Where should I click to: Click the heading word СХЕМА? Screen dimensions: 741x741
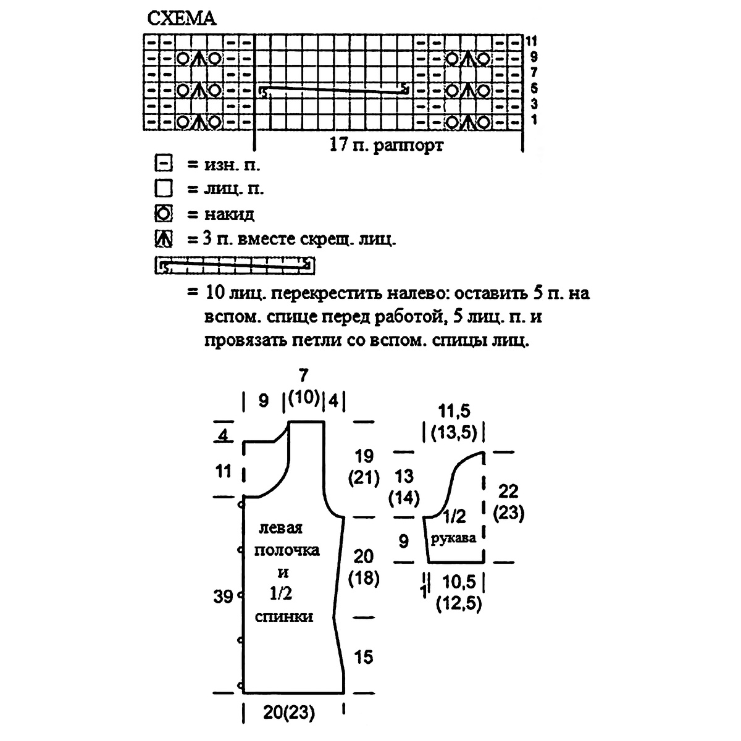pyautogui.click(x=182, y=19)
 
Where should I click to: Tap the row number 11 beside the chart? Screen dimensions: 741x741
pyautogui.click(x=532, y=41)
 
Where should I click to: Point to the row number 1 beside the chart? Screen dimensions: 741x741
pyautogui.click(x=534, y=119)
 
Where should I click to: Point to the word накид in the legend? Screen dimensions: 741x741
pyautogui.click(x=229, y=214)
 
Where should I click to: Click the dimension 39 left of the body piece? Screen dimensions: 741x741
pyautogui.click(x=224, y=597)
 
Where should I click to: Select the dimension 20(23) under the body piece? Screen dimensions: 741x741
pyautogui.click(x=289, y=713)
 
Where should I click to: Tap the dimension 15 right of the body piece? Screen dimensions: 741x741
pyautogui.click(x=364, y=657)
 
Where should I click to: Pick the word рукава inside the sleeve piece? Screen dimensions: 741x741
pyautogui.click(x=454, y=538)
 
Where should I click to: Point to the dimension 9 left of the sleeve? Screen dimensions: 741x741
pyautogui.click(x=404, y=542)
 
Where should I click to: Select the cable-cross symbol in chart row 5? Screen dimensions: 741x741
pyautogui.click(x=333, y=90)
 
